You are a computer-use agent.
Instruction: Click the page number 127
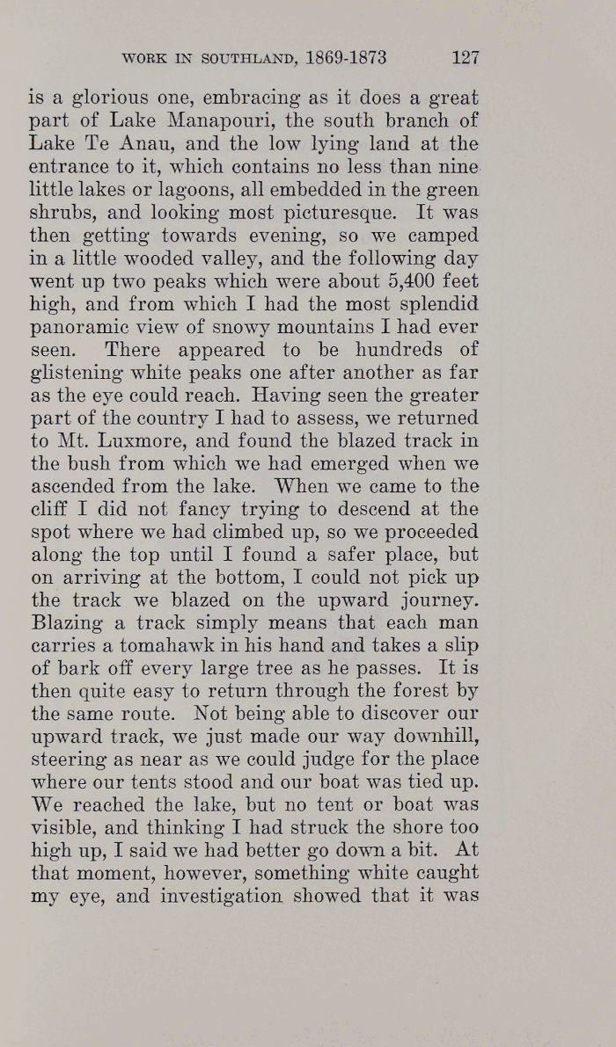click(464, 58)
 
